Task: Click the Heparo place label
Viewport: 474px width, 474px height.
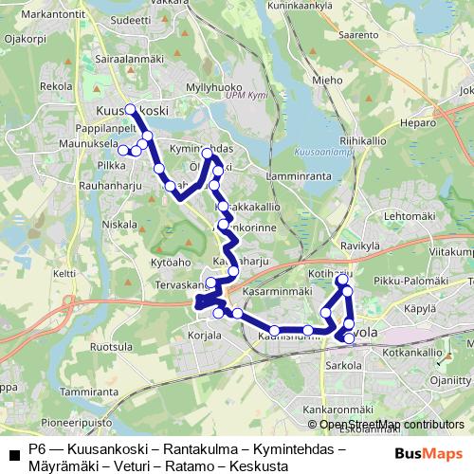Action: (417, 123)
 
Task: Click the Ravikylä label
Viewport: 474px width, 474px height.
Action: (358, 245)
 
